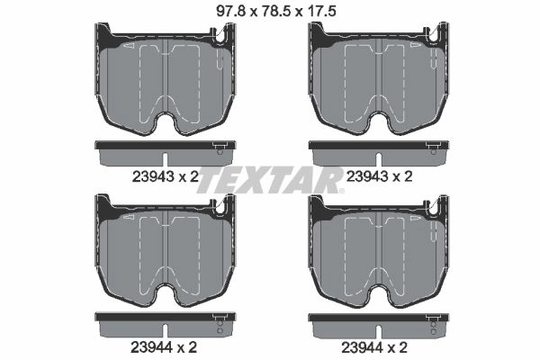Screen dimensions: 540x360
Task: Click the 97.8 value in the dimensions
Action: (230, 12)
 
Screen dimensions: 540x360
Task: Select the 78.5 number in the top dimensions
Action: (274, 12)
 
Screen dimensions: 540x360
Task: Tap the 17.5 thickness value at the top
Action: (320, 12)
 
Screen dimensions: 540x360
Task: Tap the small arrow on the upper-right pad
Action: (415, 46)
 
